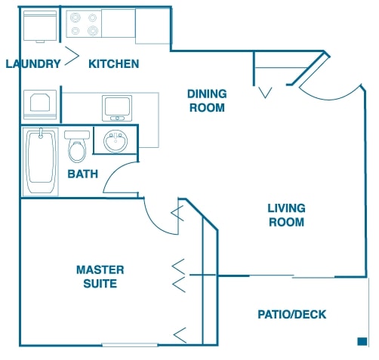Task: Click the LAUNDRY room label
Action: pyautogui.click(x=33, y=63)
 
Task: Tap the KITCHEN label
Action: pyautogui.click(x=114, y=64)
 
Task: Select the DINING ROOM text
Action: pyautogui.click(x=207, y=100)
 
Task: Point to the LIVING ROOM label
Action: pyautogui.click(x=286, y=215)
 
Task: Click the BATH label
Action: pyautogui.click(x=83, y=174)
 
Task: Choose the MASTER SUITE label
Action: pyautogui.click(x=100, y=277)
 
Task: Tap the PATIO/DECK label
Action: pyautogui.click(x=292, y=315)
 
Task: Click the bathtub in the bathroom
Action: pyautogui.click(x=41, y=162)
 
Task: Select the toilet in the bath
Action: pyautogui.click(x=77, y=146)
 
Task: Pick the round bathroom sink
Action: pyautogui.click(x=116, y=141)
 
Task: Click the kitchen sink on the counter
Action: pyautogui.click(x=117, y=108)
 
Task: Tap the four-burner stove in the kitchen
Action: pyautogui.click(x=84, y=24)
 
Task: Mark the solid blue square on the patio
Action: pyautogui.click(x=362, y=341)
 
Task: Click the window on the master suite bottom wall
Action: pyautogui.click(x=130, y=345)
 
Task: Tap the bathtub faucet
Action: pyautogui.click(x=41, y=134)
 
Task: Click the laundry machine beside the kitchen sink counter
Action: pyautogui.click(x=40, y=105)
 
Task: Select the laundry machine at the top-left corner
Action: pyautogui.click(x=40, y=26)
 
